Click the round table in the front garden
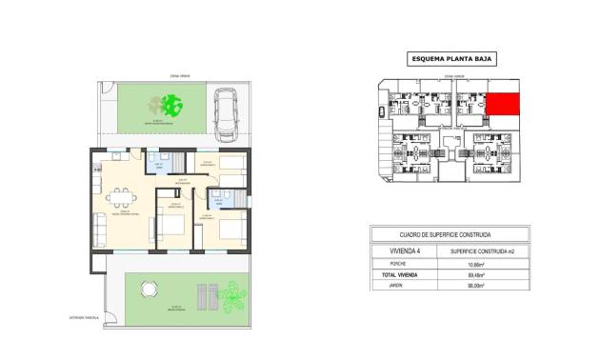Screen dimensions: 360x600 [148, 289]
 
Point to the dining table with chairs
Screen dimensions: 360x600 [119, 198]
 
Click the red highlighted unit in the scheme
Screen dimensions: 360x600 [503, 104]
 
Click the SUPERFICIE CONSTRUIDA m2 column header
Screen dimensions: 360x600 [490, 250]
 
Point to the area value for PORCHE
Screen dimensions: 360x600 [490, 264]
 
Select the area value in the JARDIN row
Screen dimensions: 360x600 [490, 285]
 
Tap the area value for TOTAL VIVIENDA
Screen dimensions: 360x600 [490, 274]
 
